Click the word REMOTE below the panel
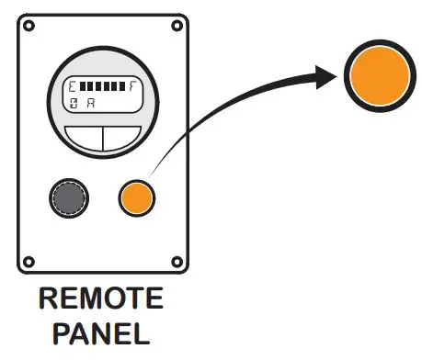click(x=102, y=299)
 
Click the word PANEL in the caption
click(x=103, y=332)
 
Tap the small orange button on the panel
click(x=137, y=197)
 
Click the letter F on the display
click(x=132, y=87)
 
